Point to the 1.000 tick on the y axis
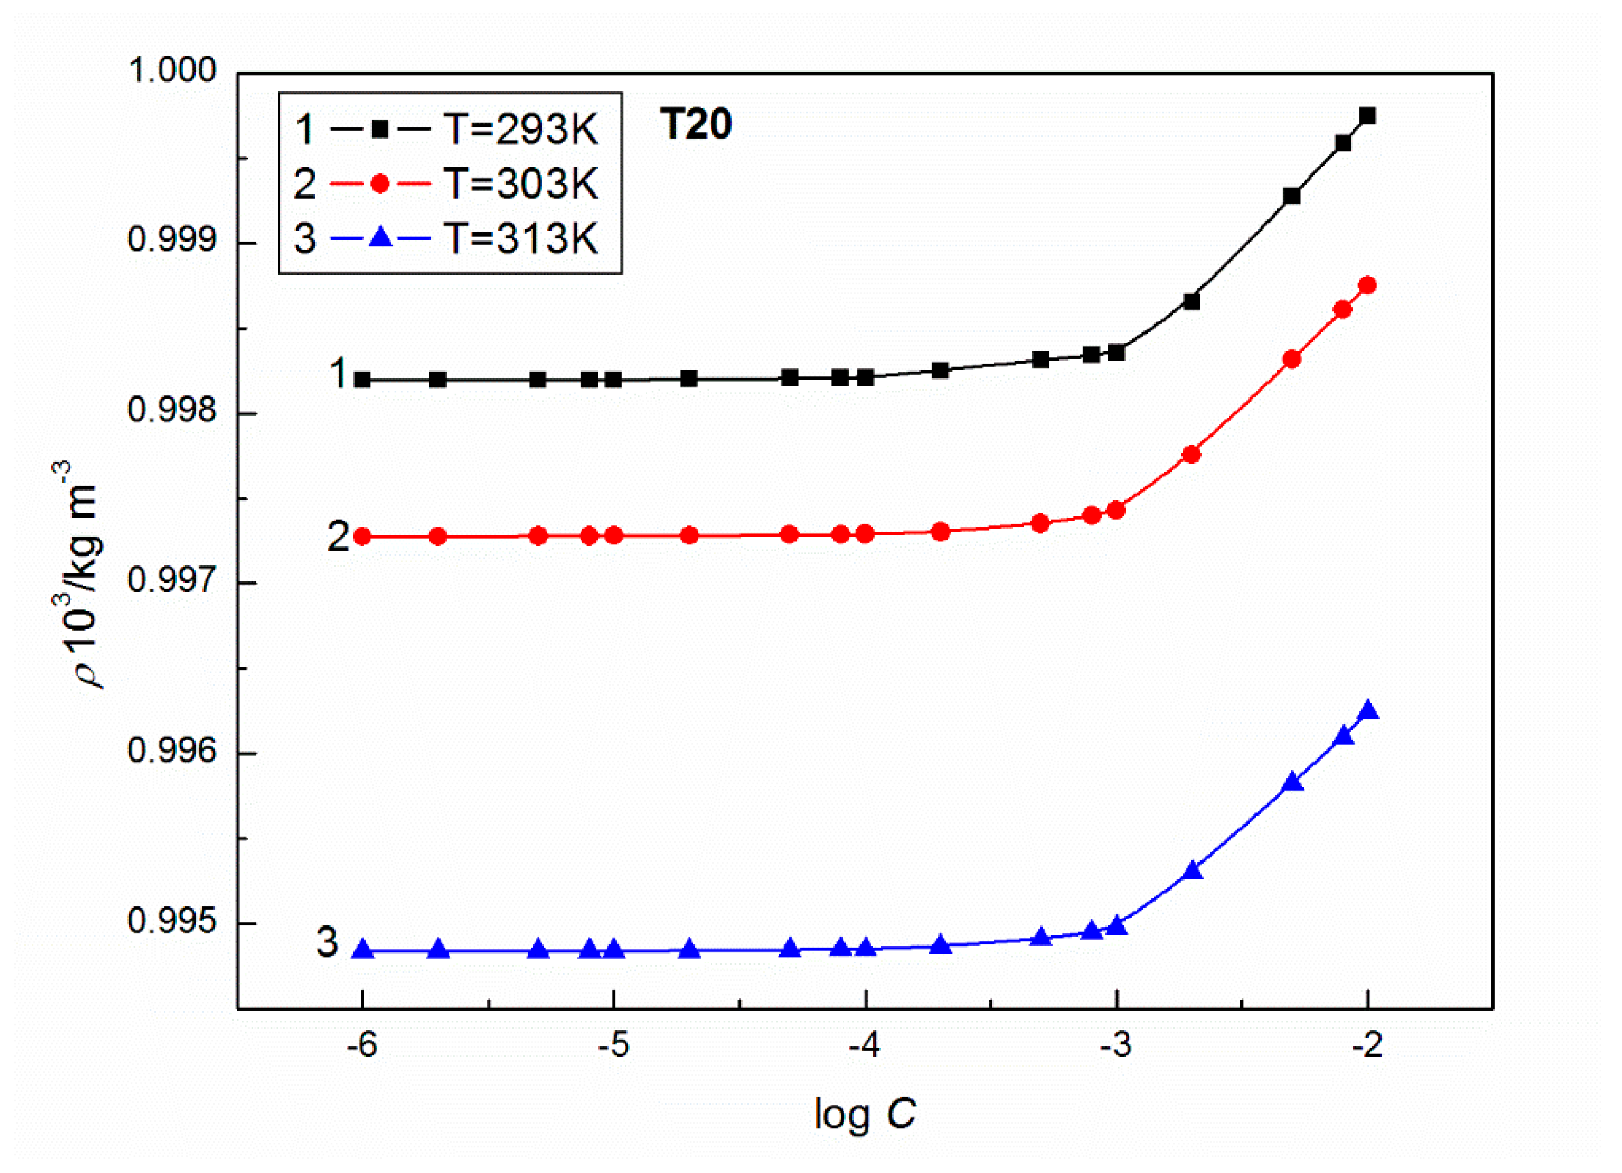[171, 71]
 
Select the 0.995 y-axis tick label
[171, 921]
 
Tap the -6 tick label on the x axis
[362, 1046]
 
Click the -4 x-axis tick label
[865, 1046]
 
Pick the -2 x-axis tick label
[1367, 1046]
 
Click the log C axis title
[865, 1114]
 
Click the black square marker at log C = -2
[1367, 116]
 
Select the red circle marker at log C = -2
[1367, 286]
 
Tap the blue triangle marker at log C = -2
[1367, 711]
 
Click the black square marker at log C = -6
[362, 380]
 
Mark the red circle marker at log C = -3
[1116, 510]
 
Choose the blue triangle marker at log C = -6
[362, 950]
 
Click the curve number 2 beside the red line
[338, 537]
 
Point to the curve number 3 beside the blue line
[327, 942]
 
